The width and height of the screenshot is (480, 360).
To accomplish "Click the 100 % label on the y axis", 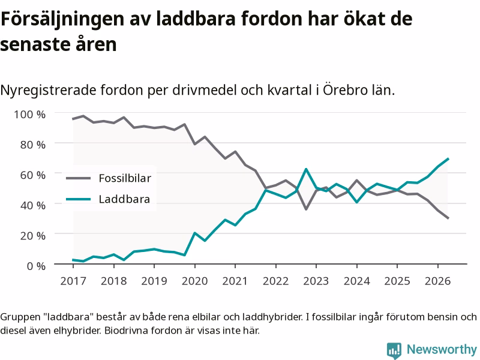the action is [x=29, y=115].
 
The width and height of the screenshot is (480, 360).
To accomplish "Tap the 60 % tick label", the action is [x=33, y=175].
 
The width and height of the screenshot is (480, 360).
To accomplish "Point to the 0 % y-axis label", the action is [x=36, y=266].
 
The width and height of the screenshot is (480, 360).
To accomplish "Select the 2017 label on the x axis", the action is [x=73, y=281].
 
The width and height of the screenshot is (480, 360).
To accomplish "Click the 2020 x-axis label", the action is [x=194, y=281].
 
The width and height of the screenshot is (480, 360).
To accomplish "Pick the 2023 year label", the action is [x=316, y=281].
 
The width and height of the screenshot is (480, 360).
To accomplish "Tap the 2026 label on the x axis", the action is [x=437, y=281].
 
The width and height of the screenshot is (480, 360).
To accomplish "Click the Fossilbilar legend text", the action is [x=125, y=178].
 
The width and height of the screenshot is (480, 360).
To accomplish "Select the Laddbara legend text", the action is [x=124, y=199].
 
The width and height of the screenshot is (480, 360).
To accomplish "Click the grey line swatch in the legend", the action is [x=79, y=178].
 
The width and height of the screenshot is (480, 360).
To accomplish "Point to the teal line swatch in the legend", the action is [x=79, y=199].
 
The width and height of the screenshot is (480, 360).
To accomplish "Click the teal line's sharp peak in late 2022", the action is [x=306, y=169].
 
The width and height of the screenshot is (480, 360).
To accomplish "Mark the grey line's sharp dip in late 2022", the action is [x=306, y=209].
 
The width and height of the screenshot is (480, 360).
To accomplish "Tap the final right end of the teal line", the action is [x=448, y=158].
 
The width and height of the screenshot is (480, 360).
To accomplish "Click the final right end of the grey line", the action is [x=448, y=218].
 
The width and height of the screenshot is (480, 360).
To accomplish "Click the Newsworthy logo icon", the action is [x=394, y=350].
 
